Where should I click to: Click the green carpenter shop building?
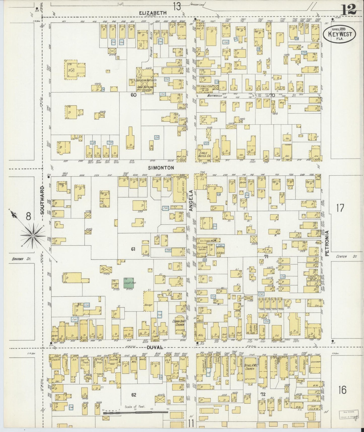point(129,283)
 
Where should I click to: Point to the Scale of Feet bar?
point(136,413)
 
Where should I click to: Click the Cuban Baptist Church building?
point(179,326)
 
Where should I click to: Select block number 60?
point(134,95)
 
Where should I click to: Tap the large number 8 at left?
point(28,216)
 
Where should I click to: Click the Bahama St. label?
point(21,258)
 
